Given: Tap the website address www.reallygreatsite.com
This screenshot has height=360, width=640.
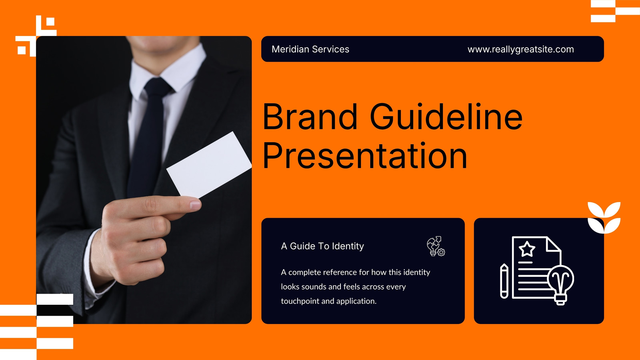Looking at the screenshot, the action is coord(520,50).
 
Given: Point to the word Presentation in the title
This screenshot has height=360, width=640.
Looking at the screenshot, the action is coord(364,156).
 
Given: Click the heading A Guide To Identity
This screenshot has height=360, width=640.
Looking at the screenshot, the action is coord(322,246).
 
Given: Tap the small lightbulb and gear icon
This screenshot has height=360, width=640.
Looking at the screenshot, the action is coord(436,246).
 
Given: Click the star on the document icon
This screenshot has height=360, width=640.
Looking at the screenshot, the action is coord(527,249).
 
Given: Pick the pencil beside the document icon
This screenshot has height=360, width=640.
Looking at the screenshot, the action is coord(504,281).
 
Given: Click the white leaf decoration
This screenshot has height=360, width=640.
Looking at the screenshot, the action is coord(604,218).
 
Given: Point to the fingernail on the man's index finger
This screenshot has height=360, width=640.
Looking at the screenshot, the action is coord(196,205).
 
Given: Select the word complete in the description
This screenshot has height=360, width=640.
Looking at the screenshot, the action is coord(304,272).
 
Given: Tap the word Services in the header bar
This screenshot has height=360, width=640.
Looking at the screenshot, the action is coord(330,49).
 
